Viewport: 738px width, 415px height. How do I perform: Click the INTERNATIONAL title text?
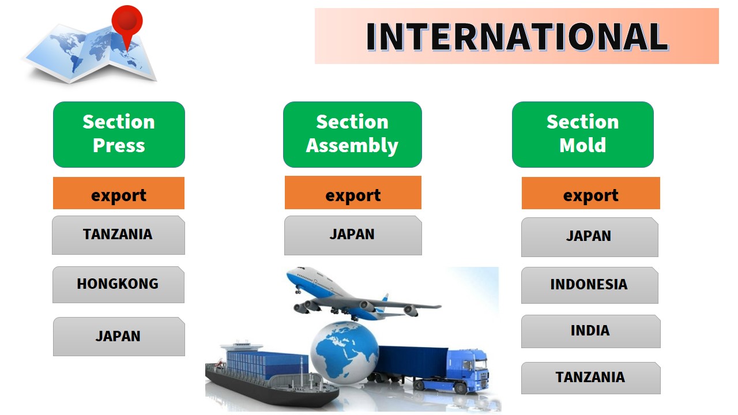[x=517, y=36]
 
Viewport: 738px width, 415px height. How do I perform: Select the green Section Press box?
[x=119, y=134]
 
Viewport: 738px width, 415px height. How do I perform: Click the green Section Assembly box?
[x=352, y=134]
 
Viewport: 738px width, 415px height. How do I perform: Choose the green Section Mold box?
[x=583, y=134]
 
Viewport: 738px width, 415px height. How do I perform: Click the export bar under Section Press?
[x=119, y=193]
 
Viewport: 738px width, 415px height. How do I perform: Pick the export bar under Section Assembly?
[x=353, y=193]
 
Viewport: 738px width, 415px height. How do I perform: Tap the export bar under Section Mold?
[x=591, y=193]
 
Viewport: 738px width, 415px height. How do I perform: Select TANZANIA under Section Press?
[x=118, y=235]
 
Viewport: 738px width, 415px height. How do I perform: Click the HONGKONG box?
[x=118, y=285]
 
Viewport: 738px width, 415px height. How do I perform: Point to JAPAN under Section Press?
[x=119, y=337]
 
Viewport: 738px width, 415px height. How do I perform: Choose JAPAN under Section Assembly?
[x=353, y=236]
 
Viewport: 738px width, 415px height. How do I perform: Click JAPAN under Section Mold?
[x=590, y=237]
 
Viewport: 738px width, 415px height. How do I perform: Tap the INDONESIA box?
[x=590, y=285]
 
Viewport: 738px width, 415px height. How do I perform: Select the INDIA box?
[x=591, y=331]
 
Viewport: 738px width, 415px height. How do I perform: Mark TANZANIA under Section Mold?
[x=591, y=378]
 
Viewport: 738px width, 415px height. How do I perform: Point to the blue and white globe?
[x=345, y=352]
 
